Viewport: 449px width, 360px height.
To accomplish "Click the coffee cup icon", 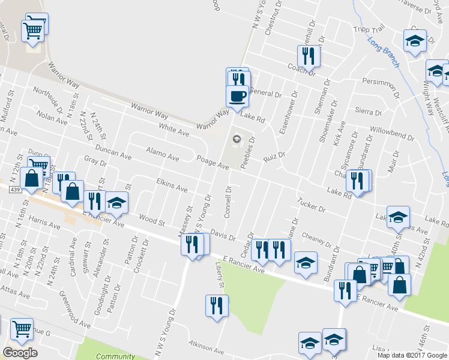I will pyautogui.click(x=237, y=95).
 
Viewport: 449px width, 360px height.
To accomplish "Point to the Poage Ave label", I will pyautogui.click(x=213, y=162).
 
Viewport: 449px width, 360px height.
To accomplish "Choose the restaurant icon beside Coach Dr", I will pyautogui.click(x=309, y=56).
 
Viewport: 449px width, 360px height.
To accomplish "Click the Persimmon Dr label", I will pyautogui.click(x=381, y=81).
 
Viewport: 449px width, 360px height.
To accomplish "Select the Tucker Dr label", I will pyautogui.click(x=311, y=204).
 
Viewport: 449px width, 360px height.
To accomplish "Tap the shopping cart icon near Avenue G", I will pyautogui.click(x=22, y=328).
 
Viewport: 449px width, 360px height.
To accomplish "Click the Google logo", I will pyautogui.click(x=20, y=353).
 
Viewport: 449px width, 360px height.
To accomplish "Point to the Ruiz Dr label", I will pyautogui.click(x=273, y=157).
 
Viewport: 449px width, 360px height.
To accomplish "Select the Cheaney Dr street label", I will pyautogui.click(x=318, y=240).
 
